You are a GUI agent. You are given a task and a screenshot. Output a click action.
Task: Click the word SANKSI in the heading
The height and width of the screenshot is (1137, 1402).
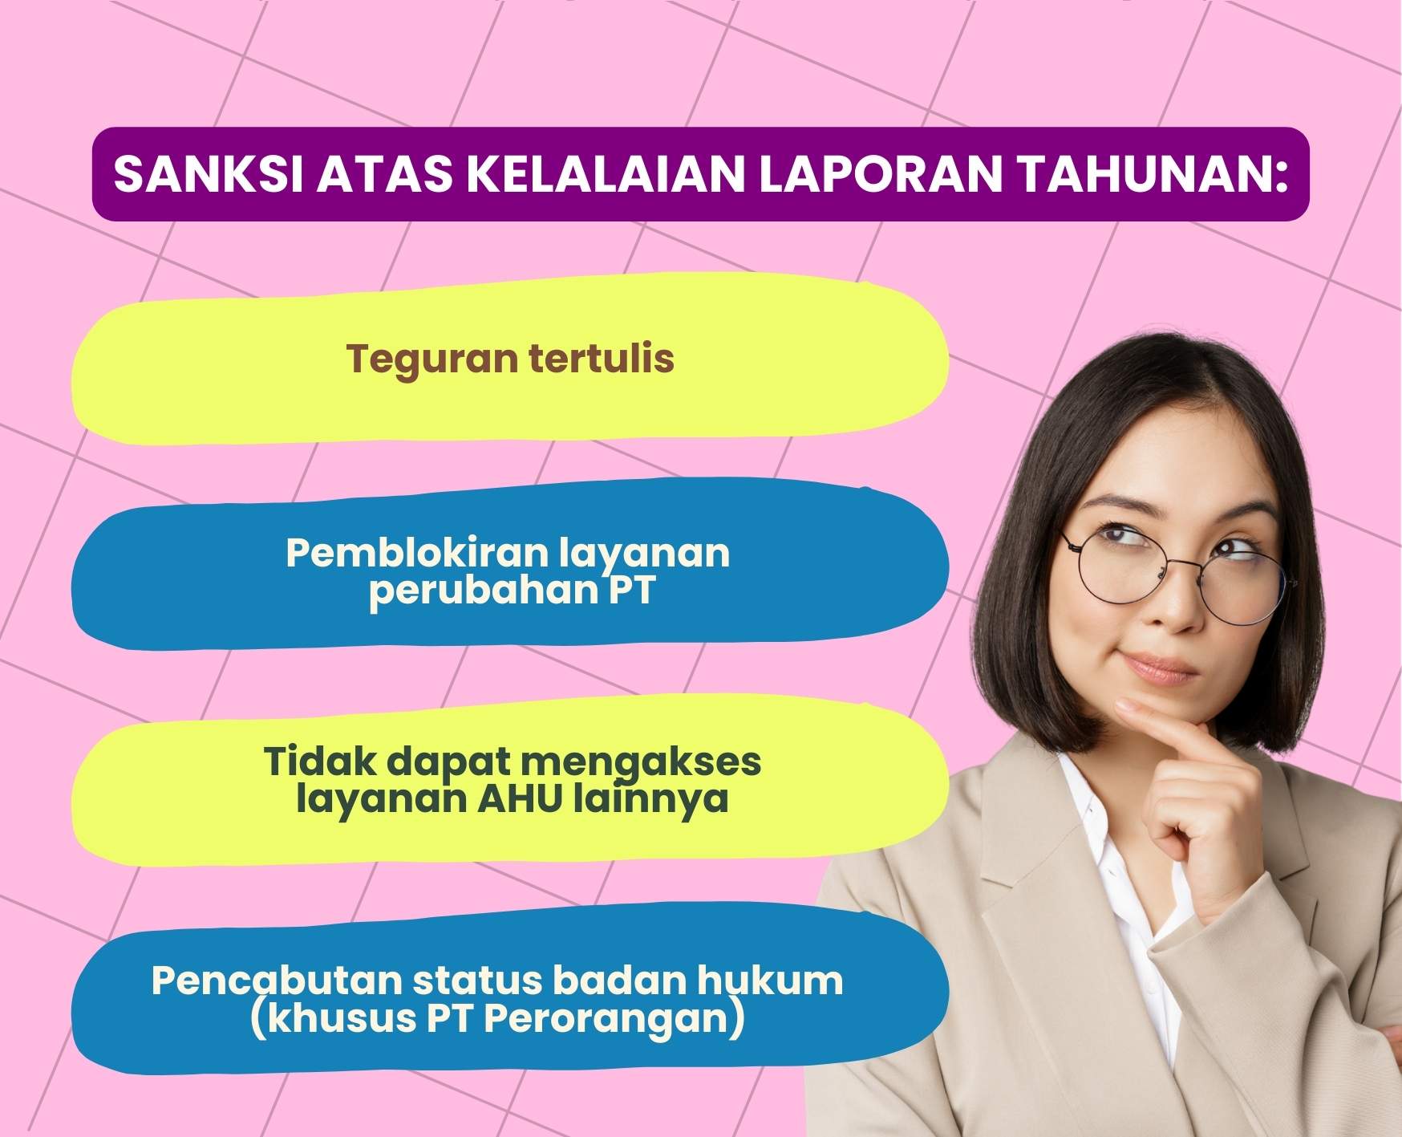pos(204,174)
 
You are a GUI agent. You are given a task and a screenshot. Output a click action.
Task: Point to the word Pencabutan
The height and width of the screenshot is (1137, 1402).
pos(277,980)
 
